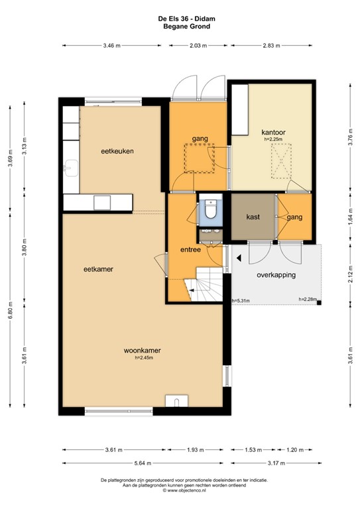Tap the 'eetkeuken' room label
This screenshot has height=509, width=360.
tap(118, 151)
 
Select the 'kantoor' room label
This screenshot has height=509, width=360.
tap(273, 133)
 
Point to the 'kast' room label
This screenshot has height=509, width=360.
tap(253, 217)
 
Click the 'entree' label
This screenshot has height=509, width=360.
tap(191, 249)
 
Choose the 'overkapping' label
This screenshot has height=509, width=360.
tap(276, 274)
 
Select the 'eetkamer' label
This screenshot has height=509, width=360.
tap(97, 269)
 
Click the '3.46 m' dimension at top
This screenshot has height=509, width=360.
tap(113, 46)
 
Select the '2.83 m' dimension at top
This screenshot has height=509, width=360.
tap(270, 46)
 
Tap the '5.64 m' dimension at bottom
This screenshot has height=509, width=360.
tap(142, 463)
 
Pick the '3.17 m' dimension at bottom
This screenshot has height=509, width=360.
tap(270, 463)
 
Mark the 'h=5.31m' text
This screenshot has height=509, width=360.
tap(241, 300)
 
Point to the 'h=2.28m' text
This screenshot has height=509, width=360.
tap(308, 300)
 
